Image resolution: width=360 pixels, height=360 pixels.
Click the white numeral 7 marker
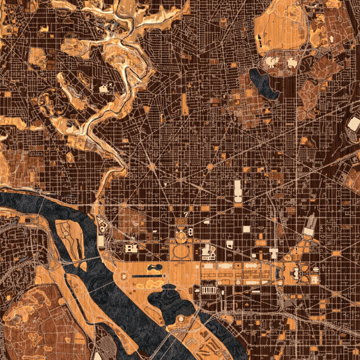coord(187,214)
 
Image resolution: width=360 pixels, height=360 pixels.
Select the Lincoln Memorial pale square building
coord(131,248)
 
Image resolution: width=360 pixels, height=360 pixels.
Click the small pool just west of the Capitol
coord(282,273)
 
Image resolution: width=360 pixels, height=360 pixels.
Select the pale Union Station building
coord(310,226)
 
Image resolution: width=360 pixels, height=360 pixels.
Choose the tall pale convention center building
coord(237,191)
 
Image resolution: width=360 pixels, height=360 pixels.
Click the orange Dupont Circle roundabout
coord(152,166)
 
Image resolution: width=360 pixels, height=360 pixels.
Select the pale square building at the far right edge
coord(353,124)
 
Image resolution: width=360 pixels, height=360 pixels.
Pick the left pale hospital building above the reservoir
coord(271,62)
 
